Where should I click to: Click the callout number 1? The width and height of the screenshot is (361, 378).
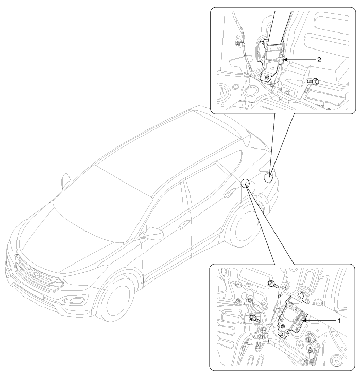click(339, 321)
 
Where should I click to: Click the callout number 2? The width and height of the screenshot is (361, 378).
click(319, 60)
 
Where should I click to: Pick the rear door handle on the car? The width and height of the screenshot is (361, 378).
click(230, 192)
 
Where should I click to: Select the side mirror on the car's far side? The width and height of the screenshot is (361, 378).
click(65, 181)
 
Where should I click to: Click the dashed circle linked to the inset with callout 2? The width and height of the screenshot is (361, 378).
click(268, 178)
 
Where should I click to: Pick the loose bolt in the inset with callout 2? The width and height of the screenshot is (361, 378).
click(313, 82)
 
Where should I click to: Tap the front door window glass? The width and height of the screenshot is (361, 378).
click(166, 212)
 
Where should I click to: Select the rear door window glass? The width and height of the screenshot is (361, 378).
click(214, 183)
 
